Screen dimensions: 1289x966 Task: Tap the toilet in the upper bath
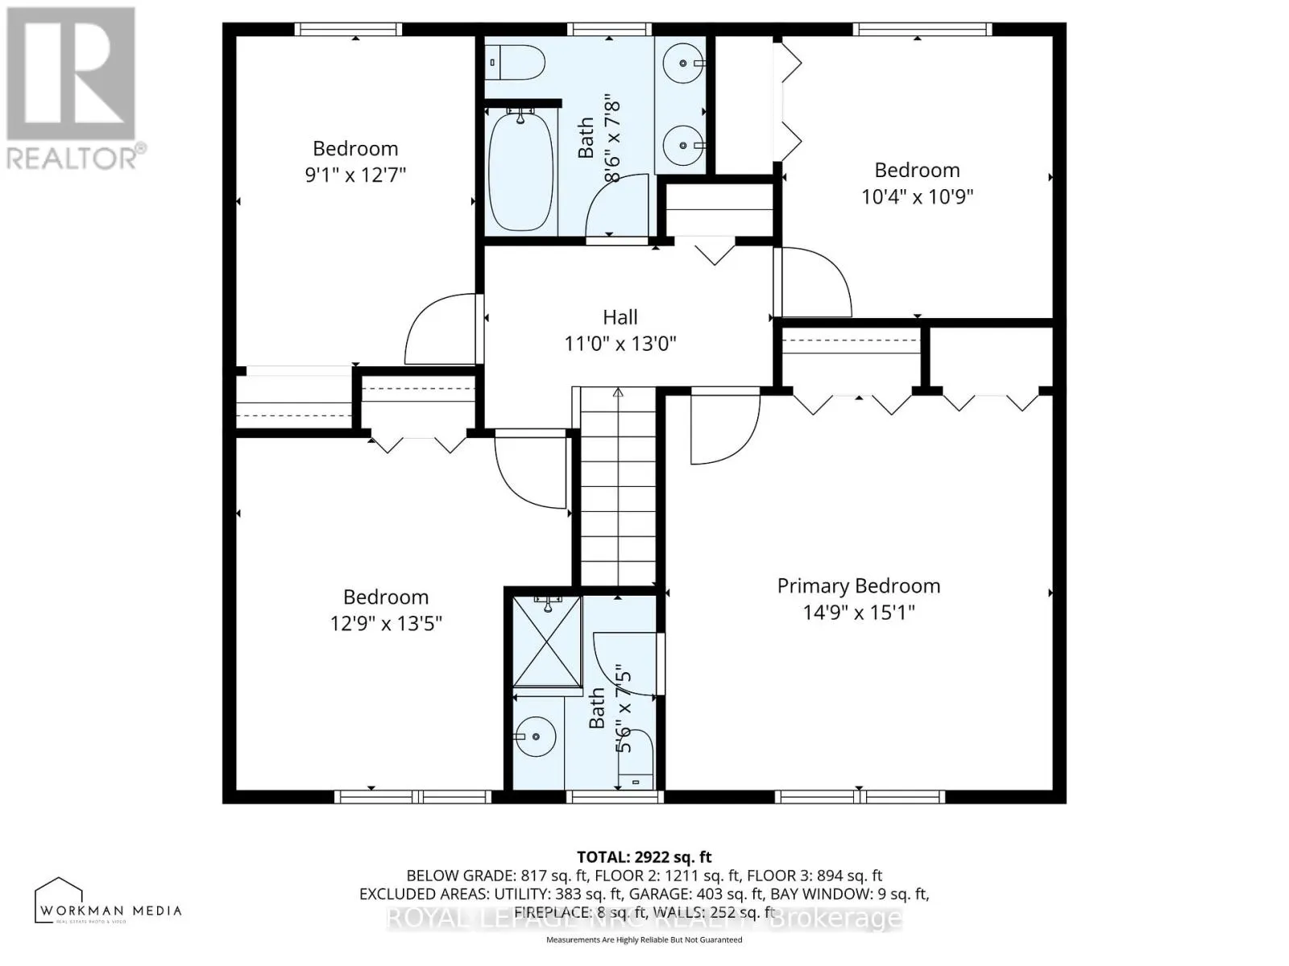coord(516,62)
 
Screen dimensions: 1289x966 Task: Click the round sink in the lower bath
coord(535,737)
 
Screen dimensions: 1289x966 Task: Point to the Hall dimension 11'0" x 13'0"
coord(620,344)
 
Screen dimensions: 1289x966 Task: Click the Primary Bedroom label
coord(858,586)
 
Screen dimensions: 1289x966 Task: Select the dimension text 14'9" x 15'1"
coord(858,613)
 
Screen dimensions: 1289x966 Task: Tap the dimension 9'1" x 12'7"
coord(355,175)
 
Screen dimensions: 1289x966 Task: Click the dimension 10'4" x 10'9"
coord(917,196)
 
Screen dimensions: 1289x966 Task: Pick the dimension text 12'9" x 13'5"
coord(386,623)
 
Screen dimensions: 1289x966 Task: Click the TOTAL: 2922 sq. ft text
coord(644,857)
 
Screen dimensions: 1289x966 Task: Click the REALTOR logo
coord(73,89)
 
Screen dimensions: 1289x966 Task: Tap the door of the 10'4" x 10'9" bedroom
coord(814,283)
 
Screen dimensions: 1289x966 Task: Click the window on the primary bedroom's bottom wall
coord(859,797)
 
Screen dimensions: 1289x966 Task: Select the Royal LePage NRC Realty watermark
coord(644,918)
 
